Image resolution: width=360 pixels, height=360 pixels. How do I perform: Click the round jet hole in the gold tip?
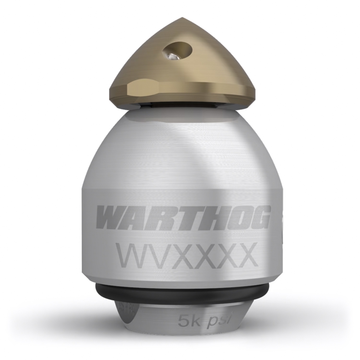(177, 50)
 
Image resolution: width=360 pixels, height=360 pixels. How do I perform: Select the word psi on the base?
(217, 320)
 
